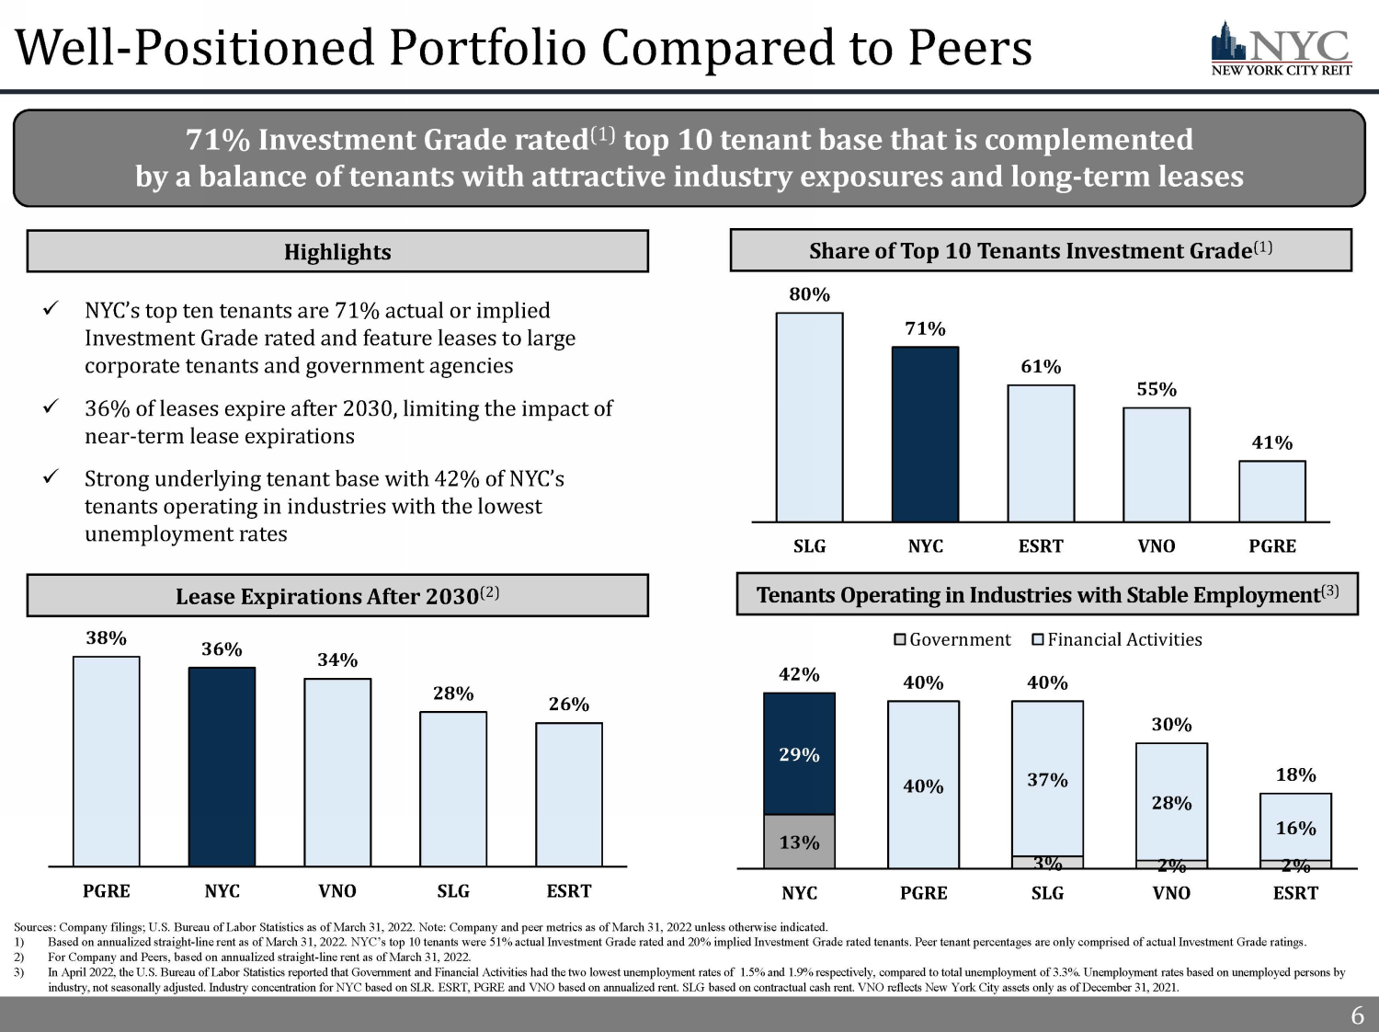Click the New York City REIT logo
(x=1281, y=50)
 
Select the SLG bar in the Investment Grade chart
(x=809, y=418)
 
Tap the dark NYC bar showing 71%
(x=925, y=434)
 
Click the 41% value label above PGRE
(x=1272, y=442)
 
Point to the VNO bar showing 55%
(x=1157, y=464)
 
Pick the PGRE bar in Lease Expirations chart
(x=107, y=761)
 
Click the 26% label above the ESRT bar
(x=569, y=704)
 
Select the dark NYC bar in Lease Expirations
(x=222, y=766)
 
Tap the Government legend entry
(x=952, y=639)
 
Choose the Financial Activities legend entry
(x=1117, y=639)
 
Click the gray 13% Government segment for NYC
(x=799, y=842)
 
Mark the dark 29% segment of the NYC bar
(x=799, y=754)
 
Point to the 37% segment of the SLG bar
(x=1047, y=779)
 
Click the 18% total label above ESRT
(x=1295, y=774)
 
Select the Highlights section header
(x=337, y=251)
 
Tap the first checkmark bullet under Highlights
(x=52, y=309)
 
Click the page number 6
(x=1357, y=1015)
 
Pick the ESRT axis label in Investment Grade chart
(x=1041, y=545)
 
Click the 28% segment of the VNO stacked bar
(x=1171, y=802)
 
